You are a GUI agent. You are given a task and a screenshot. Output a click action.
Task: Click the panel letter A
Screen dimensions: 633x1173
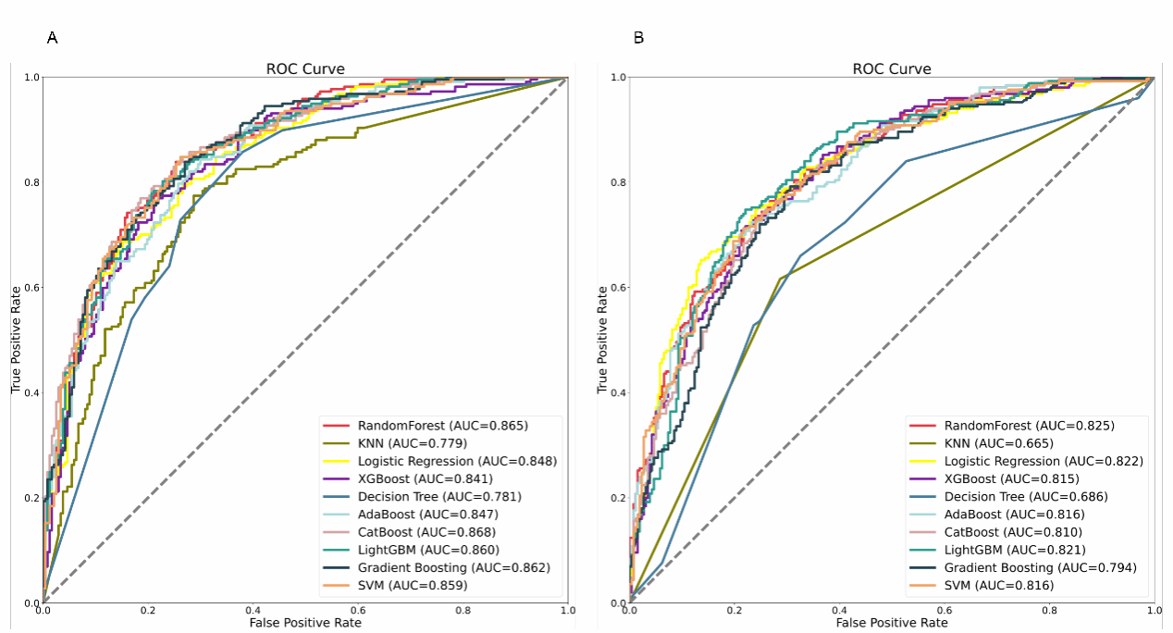[53, 38]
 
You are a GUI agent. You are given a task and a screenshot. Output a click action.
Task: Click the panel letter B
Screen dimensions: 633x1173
[638, 38]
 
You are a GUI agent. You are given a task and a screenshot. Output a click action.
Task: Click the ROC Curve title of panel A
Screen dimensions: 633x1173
[305, 68]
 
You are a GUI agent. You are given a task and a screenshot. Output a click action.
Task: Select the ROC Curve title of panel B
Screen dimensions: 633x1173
[892, 68]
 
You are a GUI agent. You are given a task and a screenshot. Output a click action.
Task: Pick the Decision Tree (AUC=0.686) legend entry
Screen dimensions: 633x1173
[1026, 496]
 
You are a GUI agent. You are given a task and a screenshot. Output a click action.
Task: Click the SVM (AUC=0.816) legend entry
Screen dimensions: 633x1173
[998, 585]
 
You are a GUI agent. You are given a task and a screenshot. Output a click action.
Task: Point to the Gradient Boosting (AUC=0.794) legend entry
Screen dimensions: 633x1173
[1040, 567]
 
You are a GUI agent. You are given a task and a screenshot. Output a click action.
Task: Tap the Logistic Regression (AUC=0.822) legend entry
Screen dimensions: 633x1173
[1043, 461]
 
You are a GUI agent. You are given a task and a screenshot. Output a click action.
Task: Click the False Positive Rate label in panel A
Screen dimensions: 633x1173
[305, 623]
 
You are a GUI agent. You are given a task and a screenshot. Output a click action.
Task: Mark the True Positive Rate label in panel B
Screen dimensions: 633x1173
[603, 340]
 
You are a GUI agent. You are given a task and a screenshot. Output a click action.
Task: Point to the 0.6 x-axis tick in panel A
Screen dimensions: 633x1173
[358, 611]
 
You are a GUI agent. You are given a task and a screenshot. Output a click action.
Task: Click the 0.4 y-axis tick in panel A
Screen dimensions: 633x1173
[31, 392]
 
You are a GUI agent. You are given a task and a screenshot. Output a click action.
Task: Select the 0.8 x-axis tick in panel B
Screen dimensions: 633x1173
[1049, 611]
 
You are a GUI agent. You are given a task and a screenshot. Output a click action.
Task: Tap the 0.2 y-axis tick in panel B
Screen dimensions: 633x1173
[617, 498]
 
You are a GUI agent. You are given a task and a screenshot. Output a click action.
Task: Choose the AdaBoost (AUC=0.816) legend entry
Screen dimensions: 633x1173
[1012, 515]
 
